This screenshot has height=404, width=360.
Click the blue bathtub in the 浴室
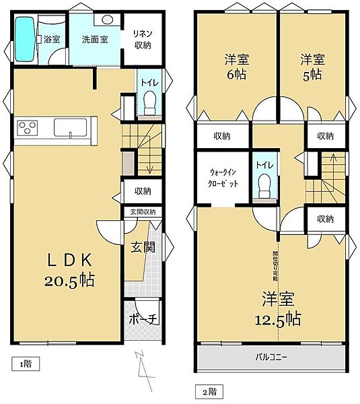pyautogui.click(x=25, y=39)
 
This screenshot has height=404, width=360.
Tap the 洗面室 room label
pyautogui.click(x=95, y=39)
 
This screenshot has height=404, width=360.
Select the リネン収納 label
pyautogui.click(x=142, y=39)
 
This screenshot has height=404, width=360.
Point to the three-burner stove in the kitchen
pyautogui.click(x=29, y=127)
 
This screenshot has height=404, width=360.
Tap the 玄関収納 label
pyautogui.click(x=142, y=211)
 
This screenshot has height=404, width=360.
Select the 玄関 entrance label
pyautogui.click(x=143, y=247)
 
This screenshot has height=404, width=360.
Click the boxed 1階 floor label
pyautogui.click(x=24, y=364)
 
